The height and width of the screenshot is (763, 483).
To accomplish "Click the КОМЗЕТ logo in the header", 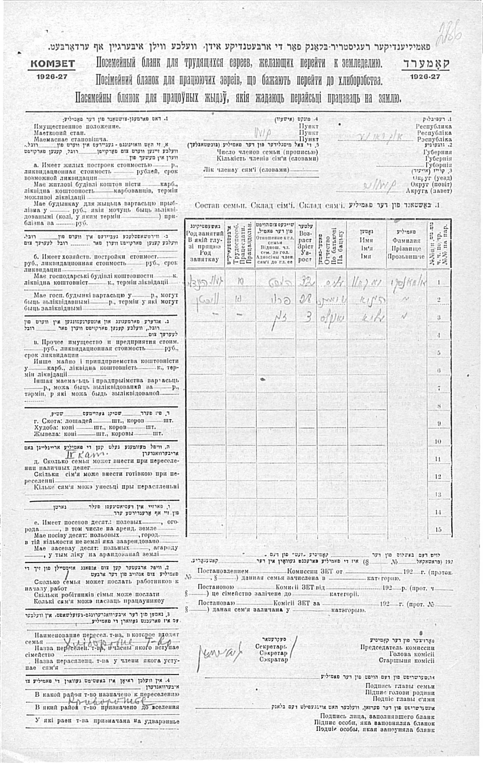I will coord(52,64).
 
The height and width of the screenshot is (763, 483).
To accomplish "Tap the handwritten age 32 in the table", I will coord(305,282).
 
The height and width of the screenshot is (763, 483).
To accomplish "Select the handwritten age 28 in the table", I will coord(305,300).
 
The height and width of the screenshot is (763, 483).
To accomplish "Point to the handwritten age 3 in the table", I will coord(306,317).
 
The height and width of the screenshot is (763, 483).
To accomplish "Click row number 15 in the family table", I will coord(438,529).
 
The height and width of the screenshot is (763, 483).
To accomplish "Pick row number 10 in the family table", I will coord(438,441).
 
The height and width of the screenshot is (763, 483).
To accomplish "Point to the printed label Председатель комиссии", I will coord(397,647).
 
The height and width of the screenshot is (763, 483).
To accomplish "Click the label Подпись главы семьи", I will coord(400,686).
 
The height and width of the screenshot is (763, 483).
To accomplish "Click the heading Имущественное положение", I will coord(77,126).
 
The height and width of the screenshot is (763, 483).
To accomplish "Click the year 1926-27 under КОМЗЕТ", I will coord(52,77).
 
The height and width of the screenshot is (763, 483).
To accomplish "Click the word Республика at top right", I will coord(433,126).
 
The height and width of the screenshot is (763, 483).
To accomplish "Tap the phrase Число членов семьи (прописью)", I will coord(267,152).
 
